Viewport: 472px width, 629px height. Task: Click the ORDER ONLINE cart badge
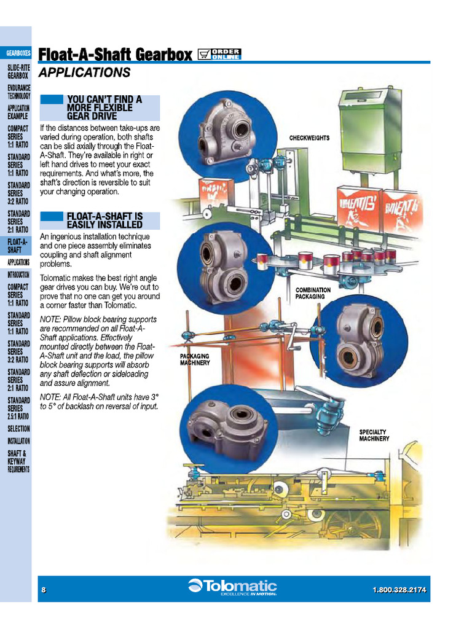[220, 54]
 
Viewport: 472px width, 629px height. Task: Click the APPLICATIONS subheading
[84, 73]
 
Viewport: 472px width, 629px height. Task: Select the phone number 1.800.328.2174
[399, 590]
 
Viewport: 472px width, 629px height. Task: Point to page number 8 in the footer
[44, 590]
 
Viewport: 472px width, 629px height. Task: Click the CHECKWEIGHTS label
[309, 138]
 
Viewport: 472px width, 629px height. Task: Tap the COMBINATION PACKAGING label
[313, 292]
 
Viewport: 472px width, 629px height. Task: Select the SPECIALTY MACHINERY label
[374, 436]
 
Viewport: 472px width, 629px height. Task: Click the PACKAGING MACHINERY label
[195, 359]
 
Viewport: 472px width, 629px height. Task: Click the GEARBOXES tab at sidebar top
[18, 53]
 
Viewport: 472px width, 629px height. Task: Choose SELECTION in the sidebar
[18, 429]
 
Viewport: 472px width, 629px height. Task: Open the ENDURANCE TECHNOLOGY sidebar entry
[18, 92]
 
